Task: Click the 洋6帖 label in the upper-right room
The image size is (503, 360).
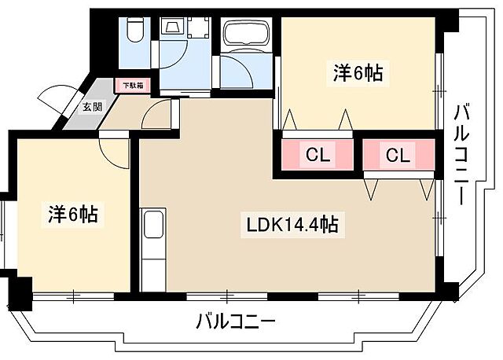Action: (358, 74)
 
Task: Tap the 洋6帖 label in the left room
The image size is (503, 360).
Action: (71, 213)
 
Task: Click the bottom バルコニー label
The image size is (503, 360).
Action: (235, 321)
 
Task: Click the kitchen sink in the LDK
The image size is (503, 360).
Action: (153, 225)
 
